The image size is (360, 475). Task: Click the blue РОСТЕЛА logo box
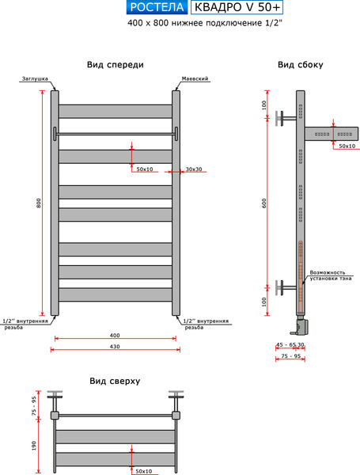click(x=157, y=7)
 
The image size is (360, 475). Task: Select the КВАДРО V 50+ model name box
click(x=237, y=7)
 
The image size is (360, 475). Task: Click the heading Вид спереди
click(x=116, y=65)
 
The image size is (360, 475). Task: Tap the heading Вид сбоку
click(x=301, y=65)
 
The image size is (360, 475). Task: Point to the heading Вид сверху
click(x=115, y=381)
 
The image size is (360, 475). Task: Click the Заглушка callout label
click(x=35, y=78)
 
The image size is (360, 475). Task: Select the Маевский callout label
click(x=195, y=78)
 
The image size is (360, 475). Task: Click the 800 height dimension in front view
click(x=39, y=203)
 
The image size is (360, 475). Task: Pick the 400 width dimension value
click(x=115, y=336)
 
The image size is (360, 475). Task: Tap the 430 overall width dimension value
click(x=115, y=346)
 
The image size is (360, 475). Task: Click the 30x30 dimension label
click(x=194, y=169)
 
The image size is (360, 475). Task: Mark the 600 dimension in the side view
click(x=264, y=203)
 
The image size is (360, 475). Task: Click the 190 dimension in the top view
click(x=33, y=446)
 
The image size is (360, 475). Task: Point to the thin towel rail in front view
click(x=116, y=134)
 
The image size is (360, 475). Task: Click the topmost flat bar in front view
click(x=116, y=112)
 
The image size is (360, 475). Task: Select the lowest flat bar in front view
click(x=116, y=294)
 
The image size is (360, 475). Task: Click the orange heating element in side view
click(x=301, y=279)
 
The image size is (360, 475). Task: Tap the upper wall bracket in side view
click(x=286, y=118)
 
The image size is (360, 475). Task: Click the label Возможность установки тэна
click(x=330, y=275)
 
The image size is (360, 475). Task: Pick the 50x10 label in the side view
click(x=347, y=146)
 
